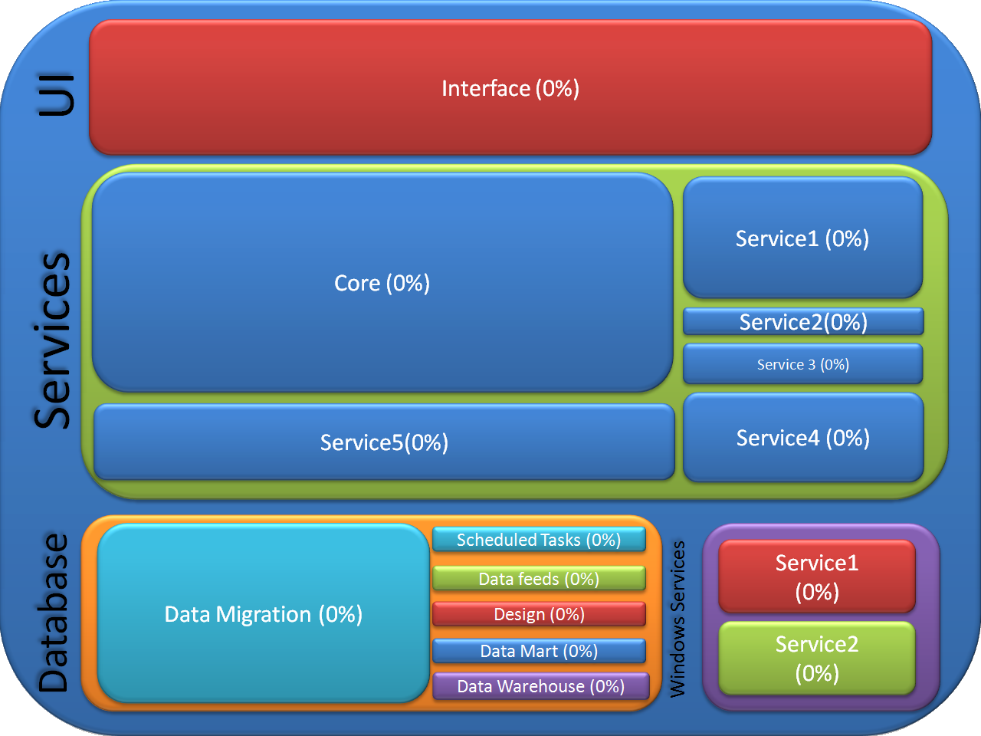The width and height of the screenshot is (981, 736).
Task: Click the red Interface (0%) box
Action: [x=510, y=87]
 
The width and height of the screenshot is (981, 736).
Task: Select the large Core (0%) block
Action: [x=382, y=282]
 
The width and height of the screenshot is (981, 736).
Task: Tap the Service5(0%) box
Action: [x=384, y=442]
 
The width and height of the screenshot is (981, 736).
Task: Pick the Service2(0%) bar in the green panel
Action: [x=803, y=321]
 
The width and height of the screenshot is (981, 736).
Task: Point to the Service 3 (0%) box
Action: [x=803, y=363]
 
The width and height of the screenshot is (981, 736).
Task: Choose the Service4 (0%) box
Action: [x=803, y=438]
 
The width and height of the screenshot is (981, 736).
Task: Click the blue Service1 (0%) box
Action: [x=802, y=238]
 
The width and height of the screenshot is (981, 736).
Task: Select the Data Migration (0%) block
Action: [x=263, y=613]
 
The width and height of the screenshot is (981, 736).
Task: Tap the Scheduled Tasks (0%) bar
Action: [x=539, y=540]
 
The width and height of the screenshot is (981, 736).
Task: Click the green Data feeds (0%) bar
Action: [x=539, y=578]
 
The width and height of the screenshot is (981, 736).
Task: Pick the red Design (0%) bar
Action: [x=539, y=614]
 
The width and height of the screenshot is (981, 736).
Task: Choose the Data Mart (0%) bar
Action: [x=539, y=651]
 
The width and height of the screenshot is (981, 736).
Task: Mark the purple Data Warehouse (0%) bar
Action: [x=541, y=686]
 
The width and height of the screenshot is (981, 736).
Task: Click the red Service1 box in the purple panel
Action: [x=817, y=577]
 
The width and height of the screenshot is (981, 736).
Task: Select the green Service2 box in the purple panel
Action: [x=817, y=659]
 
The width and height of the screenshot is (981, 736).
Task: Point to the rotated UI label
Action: [x=56, y=95]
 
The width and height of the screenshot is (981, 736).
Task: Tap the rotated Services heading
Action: [x=52, y=340]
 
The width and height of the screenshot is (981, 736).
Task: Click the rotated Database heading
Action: [x=53, y=613]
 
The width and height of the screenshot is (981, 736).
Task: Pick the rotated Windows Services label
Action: [x=678, y=619]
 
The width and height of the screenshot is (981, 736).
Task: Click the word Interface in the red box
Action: [x=486, y=88]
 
